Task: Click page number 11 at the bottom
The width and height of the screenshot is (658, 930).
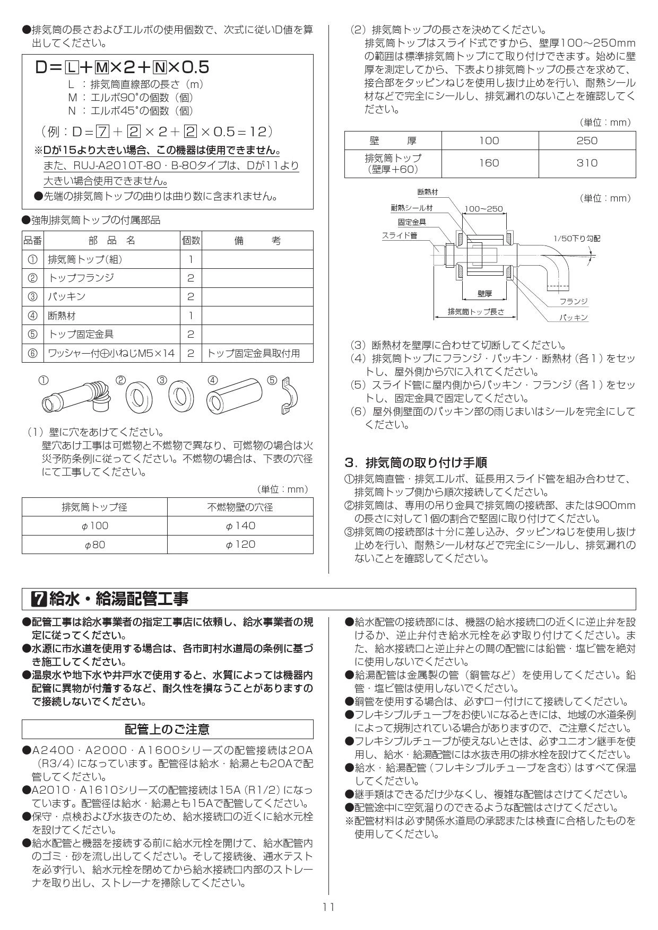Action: pyautogui.click(x=328, y=907)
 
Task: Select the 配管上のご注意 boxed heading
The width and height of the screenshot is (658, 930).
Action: pyautogui.click(x=167, y=729)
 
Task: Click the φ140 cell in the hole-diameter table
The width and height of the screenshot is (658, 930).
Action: pyautogui.click(x=240, y=525)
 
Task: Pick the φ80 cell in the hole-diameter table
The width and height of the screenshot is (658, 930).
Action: pyautogui.click(x=94, y=545)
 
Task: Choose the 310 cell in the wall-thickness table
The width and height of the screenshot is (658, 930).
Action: pyautogui.click(x=586, y=163)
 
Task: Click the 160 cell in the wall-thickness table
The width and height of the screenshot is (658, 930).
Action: pyautogui.click(x=489, y=163)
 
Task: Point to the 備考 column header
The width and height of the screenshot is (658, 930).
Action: pyautogui.click(x=257, y=241)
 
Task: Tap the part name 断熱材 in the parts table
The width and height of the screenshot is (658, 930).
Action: pyautogui.click(x=62, y=315)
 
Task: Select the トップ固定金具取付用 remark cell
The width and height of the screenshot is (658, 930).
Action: pyautogui.click(x=253, y=353)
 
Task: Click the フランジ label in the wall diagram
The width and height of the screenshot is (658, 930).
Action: pyautogui.click(x=574, y=301)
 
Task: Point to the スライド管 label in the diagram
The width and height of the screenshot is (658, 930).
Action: pyautogui.click(x=399, y=235)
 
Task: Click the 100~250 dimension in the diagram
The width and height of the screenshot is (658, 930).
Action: pyautogui.click(x=483, y=209)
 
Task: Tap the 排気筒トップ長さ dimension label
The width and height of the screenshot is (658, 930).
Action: pyautogui.click(x=475, y=312)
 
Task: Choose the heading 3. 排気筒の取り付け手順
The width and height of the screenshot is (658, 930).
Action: pyautogui.click(x=415, y=462)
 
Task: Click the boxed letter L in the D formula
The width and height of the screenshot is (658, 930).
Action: pyautogui.click(x=72, y=67)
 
